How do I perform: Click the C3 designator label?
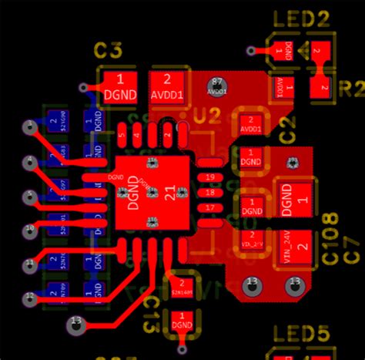tap(108, 51)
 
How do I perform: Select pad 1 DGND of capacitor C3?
tap(119, 86)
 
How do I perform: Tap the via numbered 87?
tap(216, 87)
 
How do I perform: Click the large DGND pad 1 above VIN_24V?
tap(295, 199)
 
